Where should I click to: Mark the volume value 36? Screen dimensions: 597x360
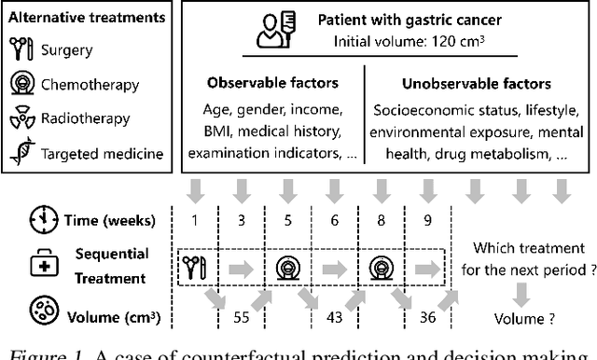coord(428,315)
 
